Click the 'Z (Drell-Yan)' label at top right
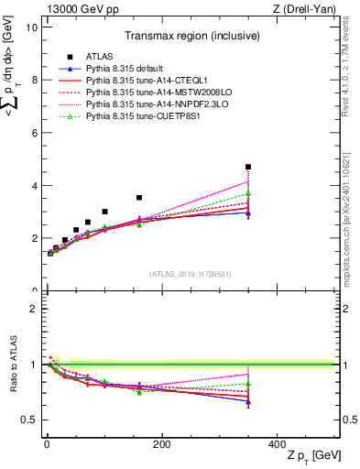tap(309, 8)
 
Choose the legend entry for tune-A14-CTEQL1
tap(141, 81)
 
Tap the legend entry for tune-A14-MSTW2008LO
tap(149, 93)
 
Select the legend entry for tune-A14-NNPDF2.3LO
tap(148, 104)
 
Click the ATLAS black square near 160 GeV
tap(139, 197)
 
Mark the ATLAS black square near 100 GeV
tap(104, 212)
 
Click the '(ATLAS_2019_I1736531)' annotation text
tap(191, 274)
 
